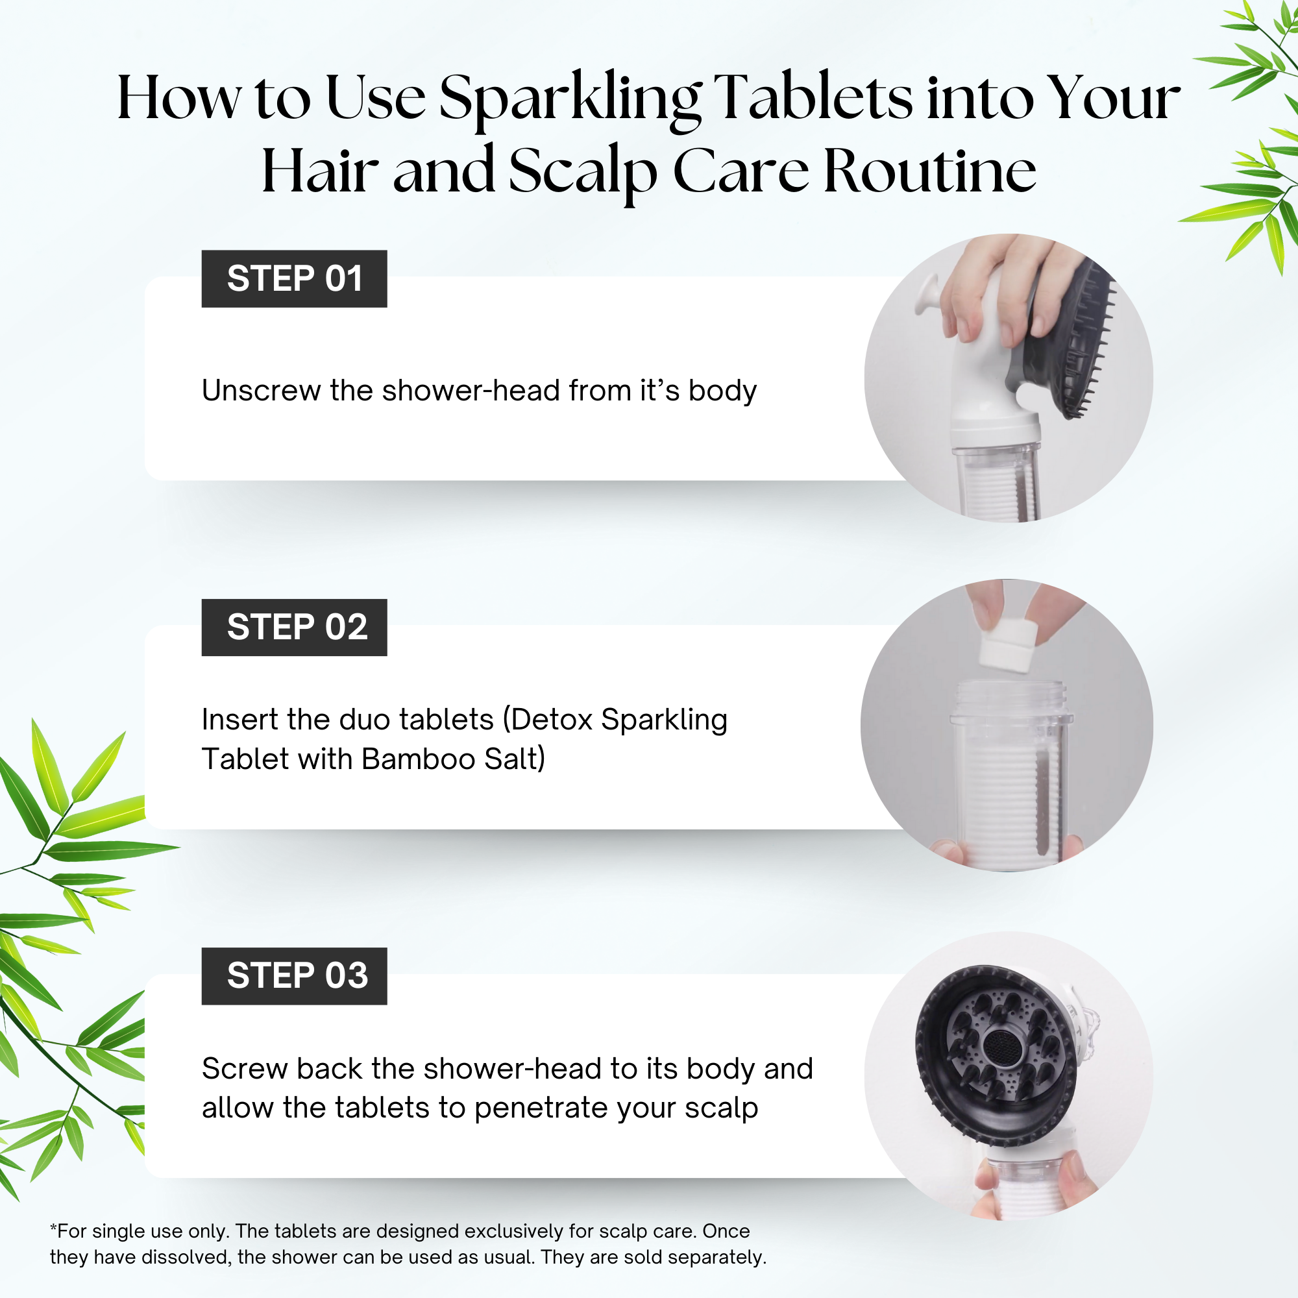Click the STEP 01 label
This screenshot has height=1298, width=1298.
pos(294,279)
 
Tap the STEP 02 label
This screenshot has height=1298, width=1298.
pos(294,628)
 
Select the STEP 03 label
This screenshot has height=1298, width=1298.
pos(294,975)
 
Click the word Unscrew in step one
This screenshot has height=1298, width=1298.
pos(261,390)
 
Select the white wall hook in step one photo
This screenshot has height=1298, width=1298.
pos(931,295)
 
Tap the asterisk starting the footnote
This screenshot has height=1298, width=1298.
pos(53,1229)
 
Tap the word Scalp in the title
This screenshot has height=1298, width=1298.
pos(582,171)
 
